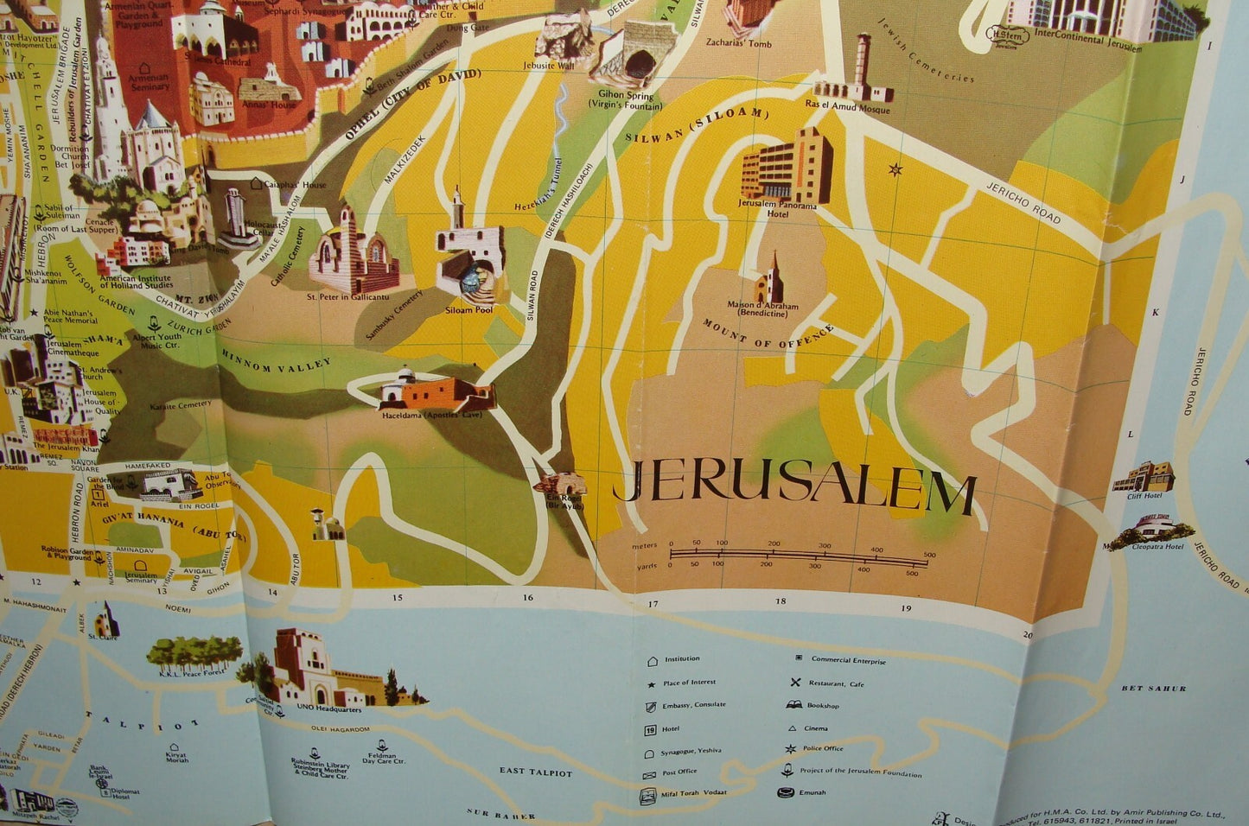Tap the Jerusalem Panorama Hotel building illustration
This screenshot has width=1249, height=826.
tap(786, 167)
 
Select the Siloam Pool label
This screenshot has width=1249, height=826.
tap(470, 309)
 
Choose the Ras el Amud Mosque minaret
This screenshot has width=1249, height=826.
tap(863, 64)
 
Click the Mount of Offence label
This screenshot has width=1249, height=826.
tap(768, 334)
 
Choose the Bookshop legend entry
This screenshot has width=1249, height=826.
tap(822, 705)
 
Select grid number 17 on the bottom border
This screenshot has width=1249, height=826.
tap(653, 604)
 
